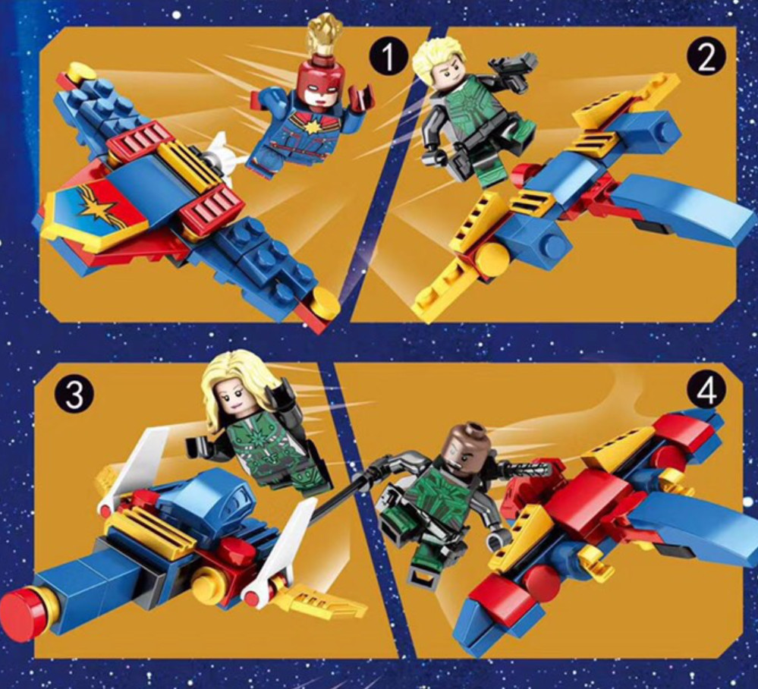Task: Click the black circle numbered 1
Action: (x=388, y=57)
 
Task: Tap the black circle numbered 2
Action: (x=706, y=58)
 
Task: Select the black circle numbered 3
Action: (x=74, y=396)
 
